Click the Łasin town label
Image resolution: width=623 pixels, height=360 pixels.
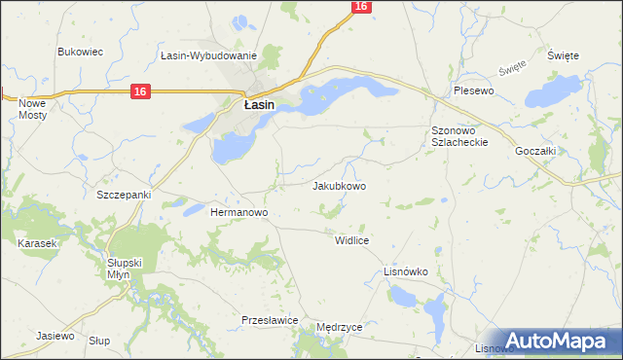pyautogui.click(x=258, y=104)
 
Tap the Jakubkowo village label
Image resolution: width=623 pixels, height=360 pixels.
pyautogui.click(x=339, y=185)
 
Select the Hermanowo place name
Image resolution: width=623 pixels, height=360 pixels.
pyautogui.click(x=239, y=211)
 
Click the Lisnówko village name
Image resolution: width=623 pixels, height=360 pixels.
pyautogui.click(x=407, y=271)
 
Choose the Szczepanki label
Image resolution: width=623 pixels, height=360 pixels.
pyautogui.click(x=124, y=195)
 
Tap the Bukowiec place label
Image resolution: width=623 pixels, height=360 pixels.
pyautogui.click(x=81, y=52)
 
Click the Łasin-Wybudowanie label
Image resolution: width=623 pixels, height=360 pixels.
pyautogui.click(x=208, y=55)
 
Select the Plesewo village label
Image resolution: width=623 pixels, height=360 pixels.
pyautogui.click(x=475, y=90)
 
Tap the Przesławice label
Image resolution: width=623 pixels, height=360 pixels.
pyautogui.click(x=269, y=319)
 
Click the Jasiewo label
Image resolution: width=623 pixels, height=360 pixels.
pyautogui.click(x=55, y=336)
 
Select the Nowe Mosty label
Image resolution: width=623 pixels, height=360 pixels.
pyautogui.click(x=33, y=108)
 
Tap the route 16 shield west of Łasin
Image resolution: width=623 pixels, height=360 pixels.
pyautogui.click(x=141, y=91)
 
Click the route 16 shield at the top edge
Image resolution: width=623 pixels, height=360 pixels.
pyautogui.click(x=361, y=6)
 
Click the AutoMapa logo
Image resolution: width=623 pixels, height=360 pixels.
pyautogui.click(x=559, y=341)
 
